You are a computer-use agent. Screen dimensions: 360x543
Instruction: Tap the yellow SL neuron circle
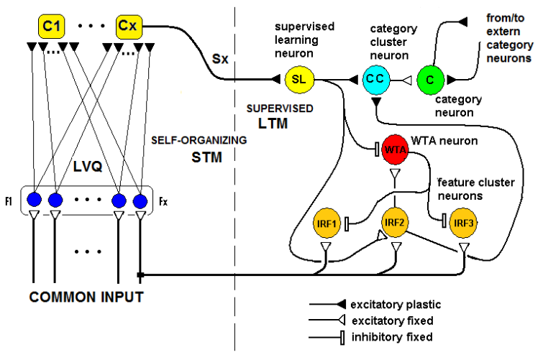coord(298,79)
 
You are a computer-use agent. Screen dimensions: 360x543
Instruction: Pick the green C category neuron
coord(429,79)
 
